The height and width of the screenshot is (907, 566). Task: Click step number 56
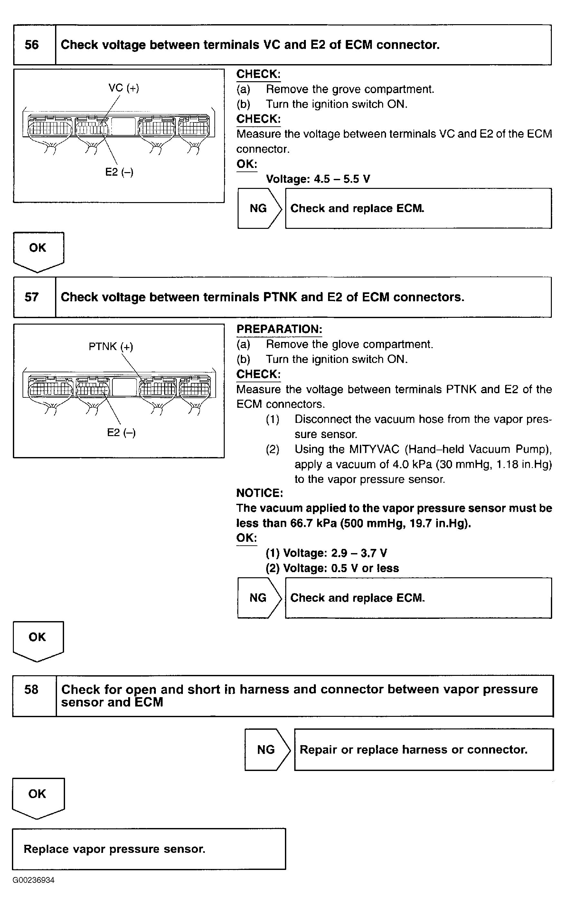point(32,45)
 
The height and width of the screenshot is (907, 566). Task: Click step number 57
point(32,297)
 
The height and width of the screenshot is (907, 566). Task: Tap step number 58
point(32,689)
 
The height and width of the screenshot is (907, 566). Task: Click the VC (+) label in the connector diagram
point(124,88)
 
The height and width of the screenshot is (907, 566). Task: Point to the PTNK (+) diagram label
point(111,346)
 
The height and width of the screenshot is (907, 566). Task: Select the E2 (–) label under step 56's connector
point(119,172)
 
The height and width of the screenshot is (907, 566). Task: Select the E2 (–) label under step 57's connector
point(121,433)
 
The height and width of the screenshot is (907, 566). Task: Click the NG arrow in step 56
point(259,208)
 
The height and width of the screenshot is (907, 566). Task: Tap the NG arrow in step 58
point(267,749)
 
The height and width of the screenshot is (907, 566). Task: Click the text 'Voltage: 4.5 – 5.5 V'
point(318,179)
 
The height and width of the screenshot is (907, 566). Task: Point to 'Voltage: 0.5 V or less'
point(332,568)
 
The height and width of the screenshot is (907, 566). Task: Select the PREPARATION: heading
point(279,329)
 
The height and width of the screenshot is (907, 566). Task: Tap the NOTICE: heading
point(259,493)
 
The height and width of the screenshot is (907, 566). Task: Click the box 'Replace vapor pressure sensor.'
point(149,849)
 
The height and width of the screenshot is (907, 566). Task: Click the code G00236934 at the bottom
point(34,880)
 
